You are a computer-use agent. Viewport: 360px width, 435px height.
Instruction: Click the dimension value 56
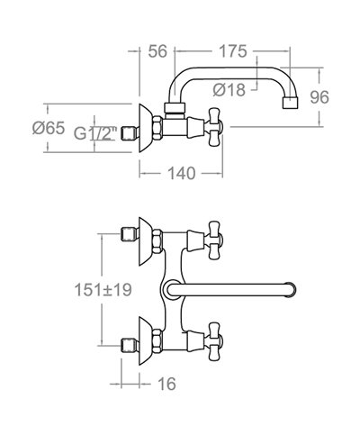[x=157, y=51]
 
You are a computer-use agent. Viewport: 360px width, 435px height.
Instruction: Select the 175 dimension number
[x=233, y=51]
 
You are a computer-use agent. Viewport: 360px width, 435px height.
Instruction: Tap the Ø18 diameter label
[x=229, y=89]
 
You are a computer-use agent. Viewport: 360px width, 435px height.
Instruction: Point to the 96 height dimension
[x=319, y=97]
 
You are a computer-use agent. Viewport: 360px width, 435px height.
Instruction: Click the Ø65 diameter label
[x=49, y=128]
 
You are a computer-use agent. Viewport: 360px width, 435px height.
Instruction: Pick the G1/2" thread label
[x=95, y=133]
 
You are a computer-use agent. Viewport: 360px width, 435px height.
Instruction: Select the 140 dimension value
[x=182, y=173]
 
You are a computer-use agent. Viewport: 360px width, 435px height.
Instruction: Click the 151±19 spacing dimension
[x=103, y=290]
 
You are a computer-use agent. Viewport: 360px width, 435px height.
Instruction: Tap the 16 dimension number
[x=166, y=384]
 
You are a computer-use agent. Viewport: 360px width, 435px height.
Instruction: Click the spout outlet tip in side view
[x=291, y=103]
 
